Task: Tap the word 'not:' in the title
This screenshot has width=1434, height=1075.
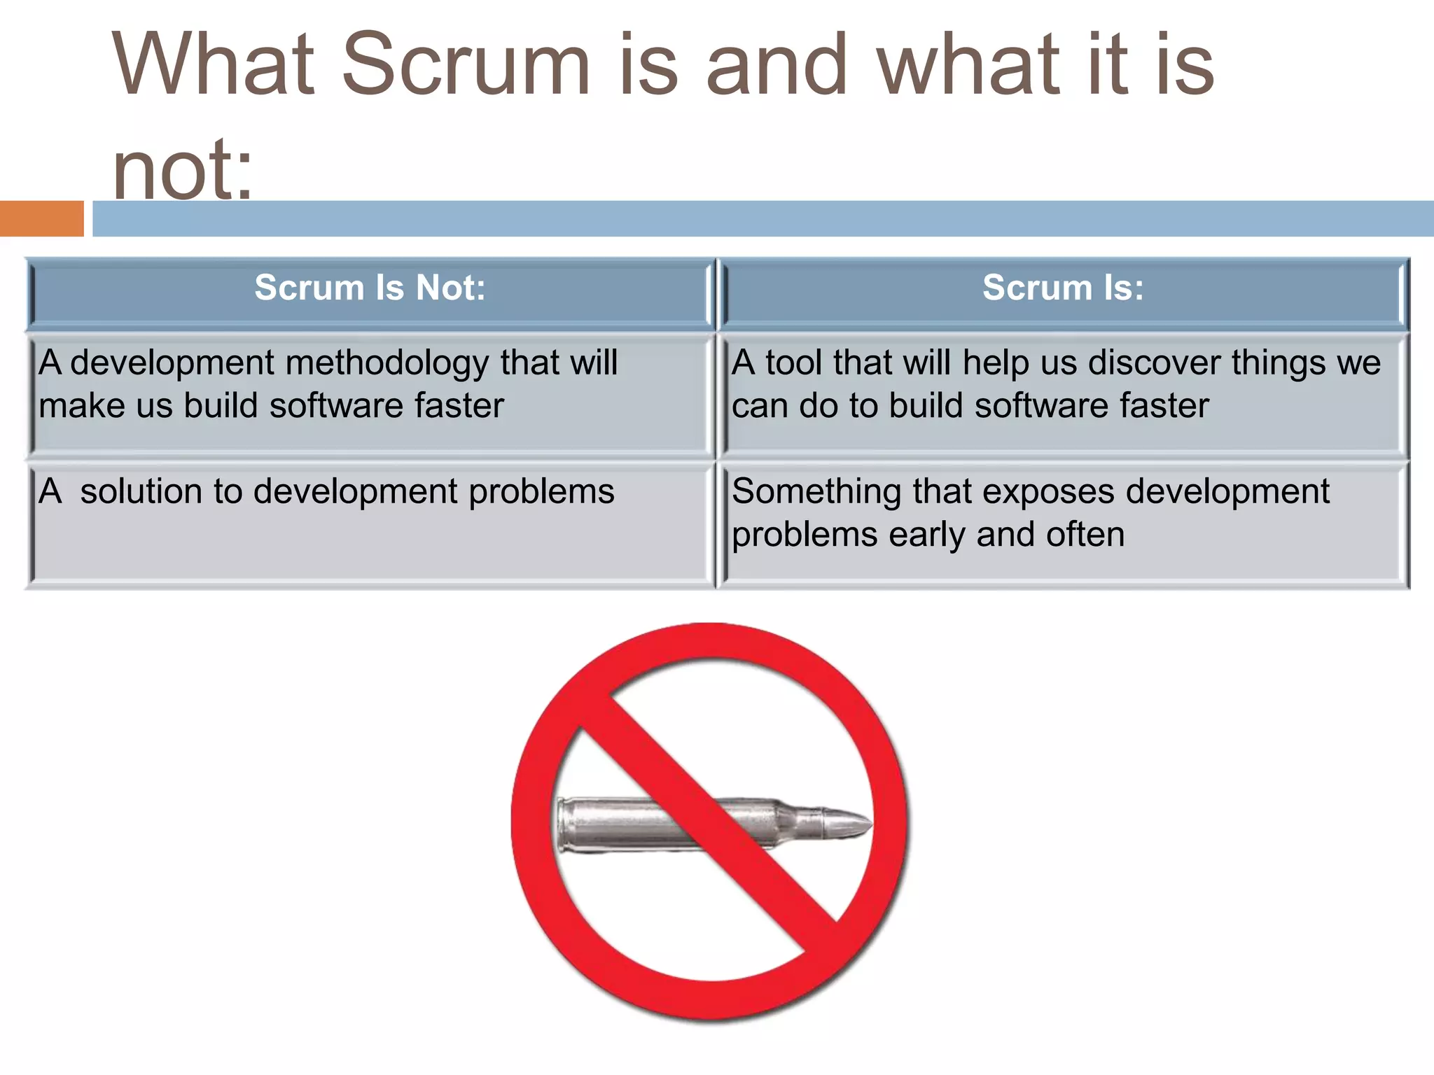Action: click(182, 170)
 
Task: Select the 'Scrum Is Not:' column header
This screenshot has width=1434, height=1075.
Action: click(370, 288)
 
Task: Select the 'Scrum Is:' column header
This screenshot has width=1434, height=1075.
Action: click(1063, 288)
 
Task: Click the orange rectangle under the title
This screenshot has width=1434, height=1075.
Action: click(41, 218)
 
